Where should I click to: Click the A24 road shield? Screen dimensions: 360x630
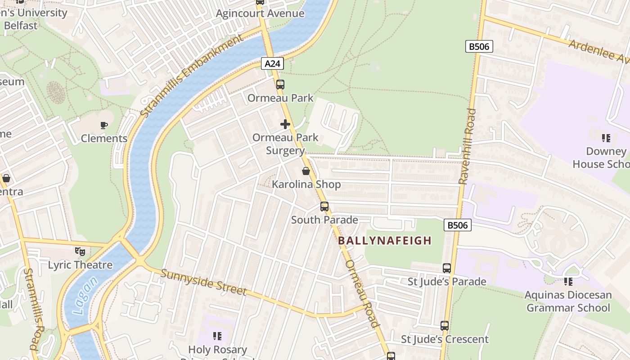pos(272,64)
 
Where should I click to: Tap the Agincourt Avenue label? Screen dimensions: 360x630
pos(260,13)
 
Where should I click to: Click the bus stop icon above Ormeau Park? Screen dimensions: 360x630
pos(280,84)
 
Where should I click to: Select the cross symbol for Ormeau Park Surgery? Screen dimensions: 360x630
pos(285,124)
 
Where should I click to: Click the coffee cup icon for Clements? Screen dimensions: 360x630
pos(104,125)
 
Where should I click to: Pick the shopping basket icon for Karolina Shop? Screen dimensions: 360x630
pos(306,171)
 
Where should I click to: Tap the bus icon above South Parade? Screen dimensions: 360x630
pos(324,207)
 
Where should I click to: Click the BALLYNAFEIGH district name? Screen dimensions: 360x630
pos(385,240)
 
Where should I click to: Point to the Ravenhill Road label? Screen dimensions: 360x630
pos(467,146)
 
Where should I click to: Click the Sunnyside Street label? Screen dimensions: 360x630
pos(203,282)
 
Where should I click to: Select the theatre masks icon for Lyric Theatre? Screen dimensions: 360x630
pos(80,251)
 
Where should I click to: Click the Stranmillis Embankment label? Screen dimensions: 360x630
pos(191,76)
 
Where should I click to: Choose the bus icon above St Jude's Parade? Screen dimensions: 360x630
pos(447,268)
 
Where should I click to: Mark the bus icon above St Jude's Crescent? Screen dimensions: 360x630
pos(445,326)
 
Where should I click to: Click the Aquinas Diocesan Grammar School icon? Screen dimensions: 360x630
pos(568,282)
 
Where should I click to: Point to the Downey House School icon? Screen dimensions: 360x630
pos(606,138)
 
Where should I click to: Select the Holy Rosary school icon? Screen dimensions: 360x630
pos(217,336)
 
